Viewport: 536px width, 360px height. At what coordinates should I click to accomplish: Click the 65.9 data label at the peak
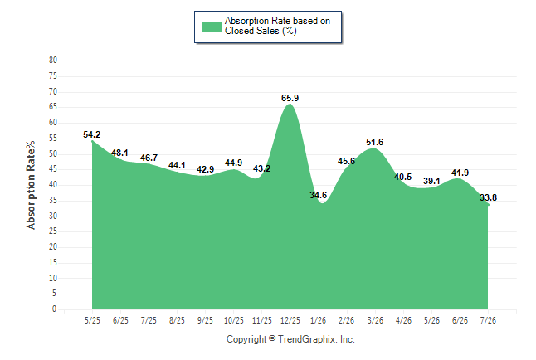pos(290,98)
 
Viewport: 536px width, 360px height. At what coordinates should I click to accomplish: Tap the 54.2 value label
pos(91,134)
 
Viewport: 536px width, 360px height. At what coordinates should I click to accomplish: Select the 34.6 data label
pos(319,195)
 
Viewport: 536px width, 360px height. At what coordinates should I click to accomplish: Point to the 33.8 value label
pos(488,197)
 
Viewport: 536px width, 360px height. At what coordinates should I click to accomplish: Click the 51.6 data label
pos(375,142)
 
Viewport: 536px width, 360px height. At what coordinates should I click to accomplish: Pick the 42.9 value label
pos(205,169)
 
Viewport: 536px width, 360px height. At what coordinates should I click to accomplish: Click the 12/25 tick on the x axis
pos(290,320)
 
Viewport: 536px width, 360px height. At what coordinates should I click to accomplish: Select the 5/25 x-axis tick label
pos(92,320)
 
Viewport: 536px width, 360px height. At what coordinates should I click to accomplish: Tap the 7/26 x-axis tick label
pos(488,320)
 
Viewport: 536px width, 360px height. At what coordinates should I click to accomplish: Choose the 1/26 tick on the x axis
pos(319,320)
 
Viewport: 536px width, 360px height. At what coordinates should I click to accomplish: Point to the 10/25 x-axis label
pos(234,320)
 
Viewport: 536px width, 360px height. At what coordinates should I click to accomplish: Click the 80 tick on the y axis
pos(53,61)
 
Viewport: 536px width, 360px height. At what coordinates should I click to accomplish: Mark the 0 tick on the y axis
pos(55,309)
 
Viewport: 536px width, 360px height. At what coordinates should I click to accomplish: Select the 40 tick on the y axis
pos(53,185)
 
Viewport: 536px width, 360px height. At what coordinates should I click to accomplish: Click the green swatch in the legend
pos(212,27)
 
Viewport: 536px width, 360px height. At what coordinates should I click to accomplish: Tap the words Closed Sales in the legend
pos(252,31)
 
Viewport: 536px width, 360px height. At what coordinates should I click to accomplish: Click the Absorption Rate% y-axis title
pos(31,185)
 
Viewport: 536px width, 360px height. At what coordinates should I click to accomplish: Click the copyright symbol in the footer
pos(272,338)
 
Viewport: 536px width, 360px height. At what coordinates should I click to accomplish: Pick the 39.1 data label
pos(431,181)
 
